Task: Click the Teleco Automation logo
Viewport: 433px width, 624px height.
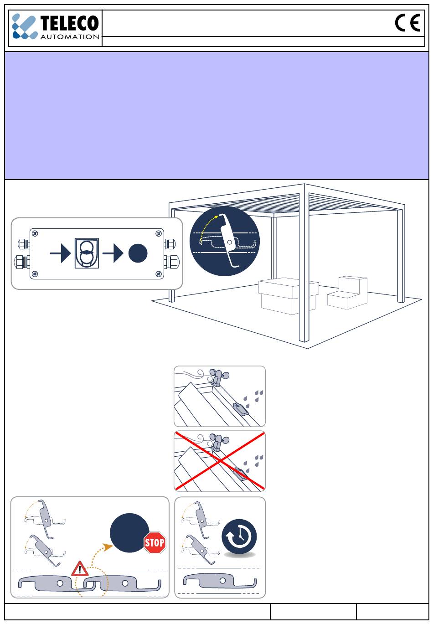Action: (x=55, y=27)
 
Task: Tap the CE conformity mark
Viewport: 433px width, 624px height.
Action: (x=407, y=23)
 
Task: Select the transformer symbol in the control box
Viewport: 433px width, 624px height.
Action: (x=85, y=254)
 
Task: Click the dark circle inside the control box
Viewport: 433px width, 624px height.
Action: (x=138, y=254)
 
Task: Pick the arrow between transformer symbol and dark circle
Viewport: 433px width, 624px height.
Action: (x=113, y=254)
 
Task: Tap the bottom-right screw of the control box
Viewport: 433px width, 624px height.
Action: (x=159, y=274)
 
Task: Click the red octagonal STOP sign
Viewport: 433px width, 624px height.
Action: (x=155, y=542)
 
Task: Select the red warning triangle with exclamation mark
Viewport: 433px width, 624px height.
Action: (x=80, y=569)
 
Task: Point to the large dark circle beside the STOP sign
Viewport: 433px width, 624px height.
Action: (x=129, y=533)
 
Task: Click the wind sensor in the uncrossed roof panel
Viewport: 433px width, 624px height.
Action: (x=218, y=376)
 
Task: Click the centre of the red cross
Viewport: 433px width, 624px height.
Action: (x=220, y=461)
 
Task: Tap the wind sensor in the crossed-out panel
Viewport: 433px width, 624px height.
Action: (x=218, y=441)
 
